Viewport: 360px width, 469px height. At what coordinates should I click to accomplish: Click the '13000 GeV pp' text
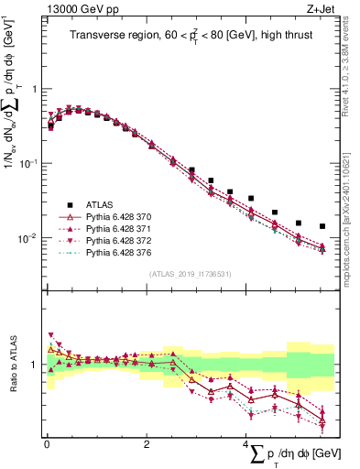click(75, 8)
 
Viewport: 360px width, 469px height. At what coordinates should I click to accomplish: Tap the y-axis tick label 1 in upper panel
click(38, 89)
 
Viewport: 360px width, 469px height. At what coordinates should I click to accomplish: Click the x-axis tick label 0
click(47, 444)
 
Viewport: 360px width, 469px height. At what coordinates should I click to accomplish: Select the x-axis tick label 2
click(146, 444)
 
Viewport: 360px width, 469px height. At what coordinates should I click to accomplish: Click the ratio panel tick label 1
click(38, 365)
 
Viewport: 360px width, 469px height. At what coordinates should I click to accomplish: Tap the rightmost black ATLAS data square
click(322, 226)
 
